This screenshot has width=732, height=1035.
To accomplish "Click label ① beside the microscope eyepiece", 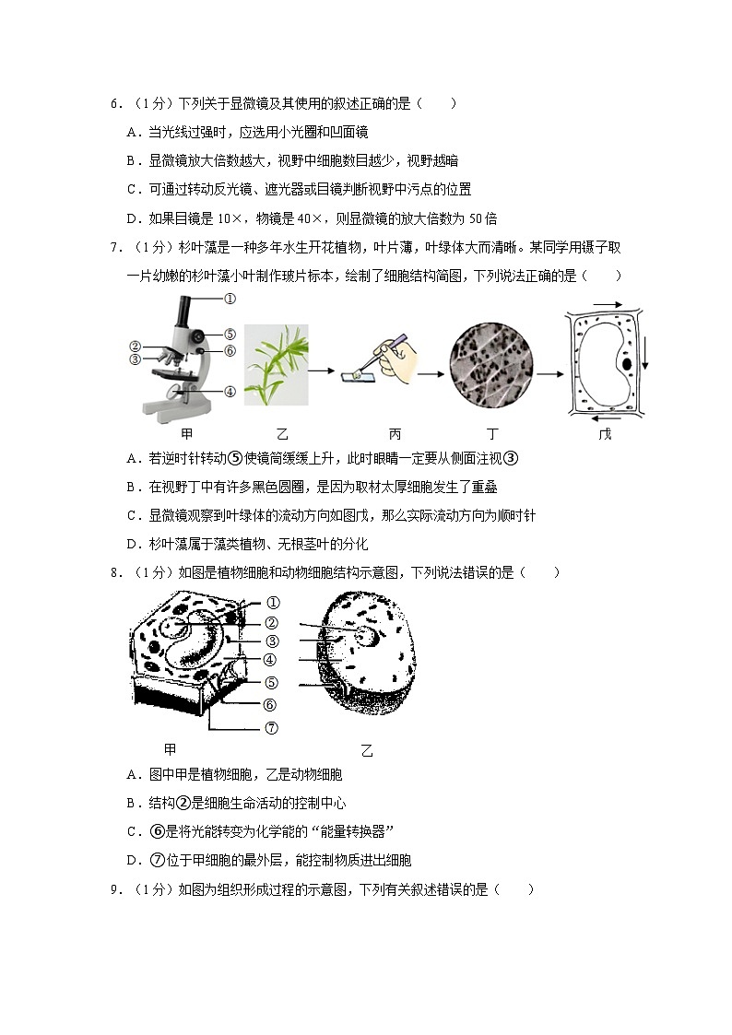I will pyautogui.click(x=230, y=299).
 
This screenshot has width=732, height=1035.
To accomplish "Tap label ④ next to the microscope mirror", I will pyautogui.click(x=230, y=391).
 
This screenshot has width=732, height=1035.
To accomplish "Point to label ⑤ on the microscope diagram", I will pyautogui.click(x=230, y=334).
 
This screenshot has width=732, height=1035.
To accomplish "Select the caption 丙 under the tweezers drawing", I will pyautogui.click(x=396, y=434).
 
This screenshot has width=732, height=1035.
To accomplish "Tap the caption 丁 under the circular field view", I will pyautogui.click(x=490, y=434).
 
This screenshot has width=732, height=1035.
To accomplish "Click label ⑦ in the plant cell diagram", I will pyautogui.click(x=271, y=727).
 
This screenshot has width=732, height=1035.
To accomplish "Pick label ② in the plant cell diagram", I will pyautogui.click(x=271, y=623).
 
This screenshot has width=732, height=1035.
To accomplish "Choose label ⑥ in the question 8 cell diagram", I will pyautogui.click(x=271, y=705).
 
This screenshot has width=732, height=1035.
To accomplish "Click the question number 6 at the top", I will pyautogui.click(x=114, y=104).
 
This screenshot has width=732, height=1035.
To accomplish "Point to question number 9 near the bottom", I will pyautogui.click(x=114, y=889).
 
